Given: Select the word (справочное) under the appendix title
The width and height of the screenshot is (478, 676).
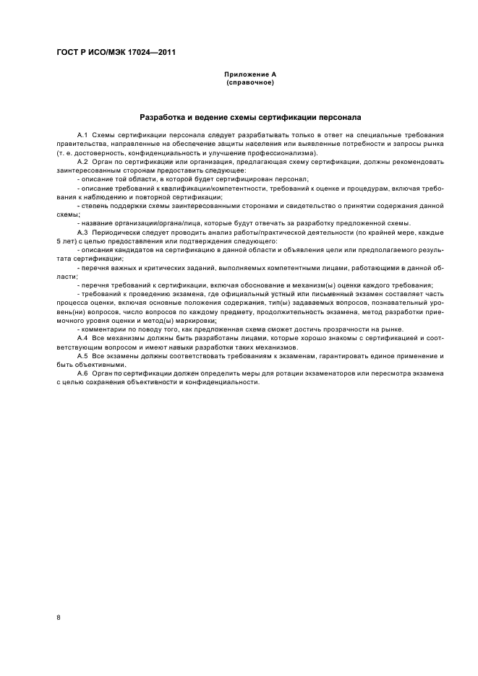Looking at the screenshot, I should click(249, 82).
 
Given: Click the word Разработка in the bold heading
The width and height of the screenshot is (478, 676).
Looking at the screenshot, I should click(164, 116).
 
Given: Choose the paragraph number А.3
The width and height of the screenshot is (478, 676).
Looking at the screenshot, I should click(82, 232).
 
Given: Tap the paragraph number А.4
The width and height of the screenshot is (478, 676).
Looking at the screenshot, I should click(82, 338).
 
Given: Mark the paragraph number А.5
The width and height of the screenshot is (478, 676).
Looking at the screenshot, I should click(82, 356).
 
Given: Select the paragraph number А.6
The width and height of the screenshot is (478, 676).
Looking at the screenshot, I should click(82, 373).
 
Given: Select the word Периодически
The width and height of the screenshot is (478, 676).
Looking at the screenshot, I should click(117, 232).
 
